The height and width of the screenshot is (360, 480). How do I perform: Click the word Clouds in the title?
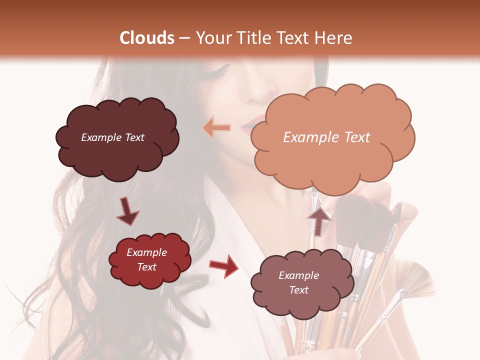point(147,38)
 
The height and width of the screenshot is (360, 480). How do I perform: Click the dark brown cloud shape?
point(116,150)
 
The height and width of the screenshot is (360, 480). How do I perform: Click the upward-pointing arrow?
point(318,220)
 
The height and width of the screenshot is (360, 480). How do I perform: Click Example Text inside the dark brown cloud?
point(112,137)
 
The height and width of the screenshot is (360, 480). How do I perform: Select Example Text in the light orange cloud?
point(326,137)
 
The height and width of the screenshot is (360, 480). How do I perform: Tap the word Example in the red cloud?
point(146,252)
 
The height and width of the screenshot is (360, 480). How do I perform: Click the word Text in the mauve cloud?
point(298,290)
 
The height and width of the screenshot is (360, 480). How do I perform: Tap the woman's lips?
point(252,125)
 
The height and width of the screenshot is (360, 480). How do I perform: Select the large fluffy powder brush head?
point(365,220)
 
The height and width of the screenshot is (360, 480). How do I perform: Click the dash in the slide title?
point(184,38)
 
